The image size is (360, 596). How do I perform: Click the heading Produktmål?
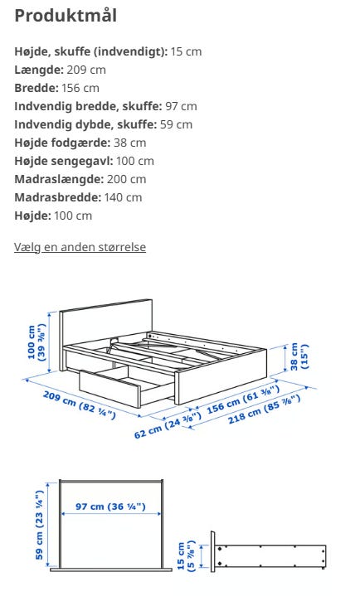[66, 16]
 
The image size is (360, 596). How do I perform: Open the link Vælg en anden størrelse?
[80, 247]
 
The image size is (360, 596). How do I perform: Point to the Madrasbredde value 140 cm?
[123, 197]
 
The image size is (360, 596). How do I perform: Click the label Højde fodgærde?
[61, 143]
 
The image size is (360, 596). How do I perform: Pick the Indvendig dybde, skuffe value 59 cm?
[176, 124]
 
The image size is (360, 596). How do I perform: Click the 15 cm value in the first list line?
[186, 51]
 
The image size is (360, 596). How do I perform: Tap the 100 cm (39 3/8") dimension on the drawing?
[36, 341]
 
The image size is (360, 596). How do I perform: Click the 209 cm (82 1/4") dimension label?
[79, 404]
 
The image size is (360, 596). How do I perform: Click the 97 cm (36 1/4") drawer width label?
[110, 506]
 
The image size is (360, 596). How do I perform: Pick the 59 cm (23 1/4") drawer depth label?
[38, 525]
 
